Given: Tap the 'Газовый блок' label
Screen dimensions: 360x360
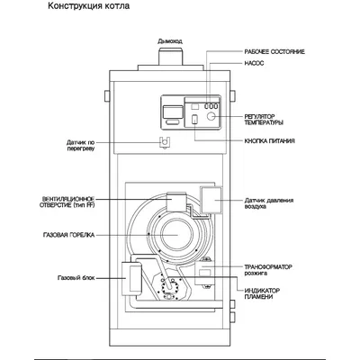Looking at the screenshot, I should (76, 276).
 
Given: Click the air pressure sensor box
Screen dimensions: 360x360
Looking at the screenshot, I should (212, 201).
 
